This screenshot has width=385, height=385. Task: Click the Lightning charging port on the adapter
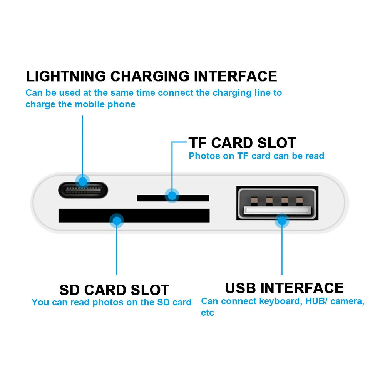tap(83, 189)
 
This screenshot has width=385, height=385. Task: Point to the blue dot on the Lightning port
tap(82, 181)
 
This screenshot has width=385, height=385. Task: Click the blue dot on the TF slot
tap(172, 196)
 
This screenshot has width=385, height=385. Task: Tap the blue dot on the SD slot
tap(116, 221)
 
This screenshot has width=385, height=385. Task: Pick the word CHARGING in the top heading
tap(149, 76)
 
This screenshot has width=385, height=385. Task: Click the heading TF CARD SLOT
tap(242, 143)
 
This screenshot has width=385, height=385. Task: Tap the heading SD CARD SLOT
tap(114, 290)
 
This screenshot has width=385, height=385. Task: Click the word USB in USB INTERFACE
tap(241, 288)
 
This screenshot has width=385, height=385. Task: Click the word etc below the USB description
tap(207, 313)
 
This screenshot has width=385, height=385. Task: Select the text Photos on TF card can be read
tap(256, 156)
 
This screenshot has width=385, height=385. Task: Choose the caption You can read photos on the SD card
tap(111, 302)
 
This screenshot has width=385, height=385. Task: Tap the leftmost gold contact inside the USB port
tap(254, 201)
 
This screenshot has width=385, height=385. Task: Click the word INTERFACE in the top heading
tap(235, 76)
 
